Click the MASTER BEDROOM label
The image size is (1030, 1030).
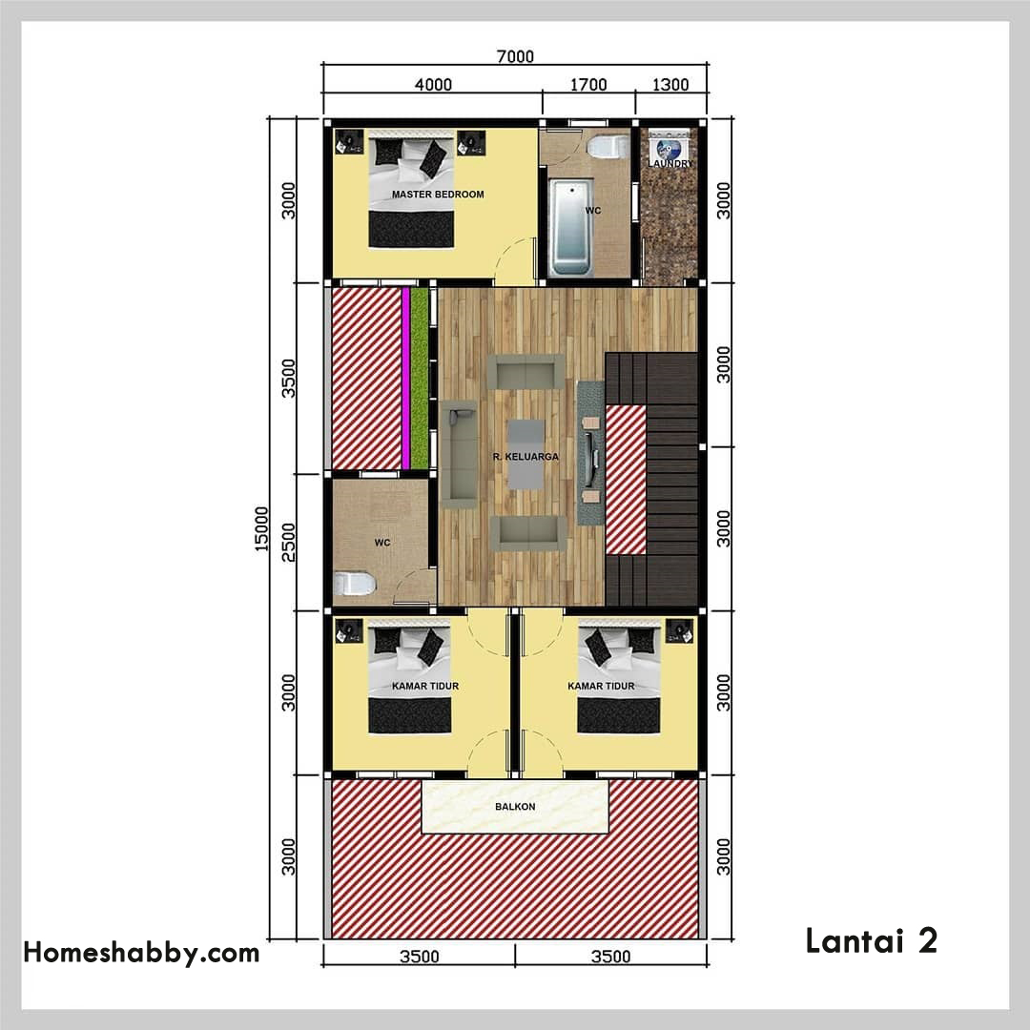tap(438, 195)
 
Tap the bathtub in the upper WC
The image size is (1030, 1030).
tap(570, 227)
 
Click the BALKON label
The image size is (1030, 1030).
tap(515, 807)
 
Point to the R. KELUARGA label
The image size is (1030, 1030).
tap(525, 457)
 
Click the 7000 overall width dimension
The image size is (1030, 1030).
tap(515, 56)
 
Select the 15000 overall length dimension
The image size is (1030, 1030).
tap(261, 528)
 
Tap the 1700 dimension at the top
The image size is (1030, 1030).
tap(587, 85)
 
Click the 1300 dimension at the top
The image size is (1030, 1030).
tap(670, 85)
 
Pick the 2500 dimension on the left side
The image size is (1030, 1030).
tap(288, 543)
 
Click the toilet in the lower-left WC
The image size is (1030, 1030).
tap(354, 584)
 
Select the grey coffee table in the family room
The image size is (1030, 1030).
tap(525, 455)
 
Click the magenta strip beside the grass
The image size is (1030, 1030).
tap(406, 379)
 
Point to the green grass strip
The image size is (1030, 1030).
tap(420, 379)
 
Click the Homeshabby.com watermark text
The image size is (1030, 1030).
tap(141, 953)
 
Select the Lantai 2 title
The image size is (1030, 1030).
tap(871, 940)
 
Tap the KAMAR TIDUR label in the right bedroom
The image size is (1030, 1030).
tap(601, 686)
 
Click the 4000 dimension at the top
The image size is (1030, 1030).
tap(433, 85)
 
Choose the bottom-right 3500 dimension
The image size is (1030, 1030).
tap(611, 956)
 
